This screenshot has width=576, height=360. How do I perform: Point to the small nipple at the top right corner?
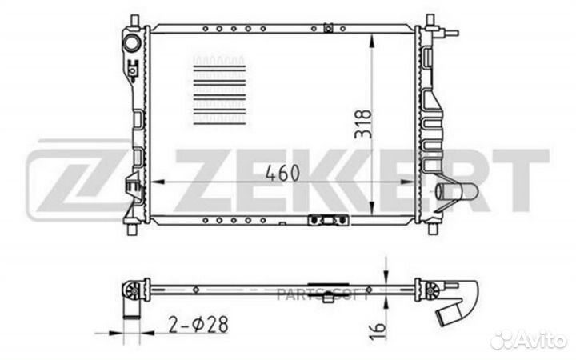click(454, 33)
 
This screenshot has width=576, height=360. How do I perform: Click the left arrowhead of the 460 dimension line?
click(157, 183)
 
